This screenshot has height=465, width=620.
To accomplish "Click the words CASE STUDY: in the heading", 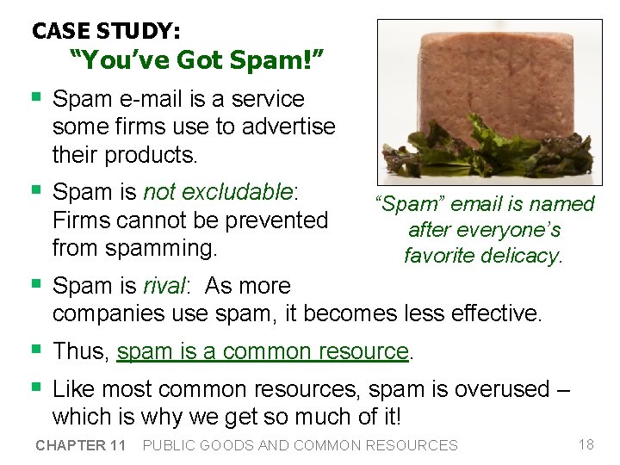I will point(106,31).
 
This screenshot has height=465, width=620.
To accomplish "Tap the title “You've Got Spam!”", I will point(196,59).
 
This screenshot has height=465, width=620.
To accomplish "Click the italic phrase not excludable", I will point(219,191).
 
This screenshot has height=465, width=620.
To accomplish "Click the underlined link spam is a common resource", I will point(262,351).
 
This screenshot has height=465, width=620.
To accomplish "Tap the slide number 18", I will point(586,444).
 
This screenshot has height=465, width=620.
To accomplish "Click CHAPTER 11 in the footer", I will point(81,445).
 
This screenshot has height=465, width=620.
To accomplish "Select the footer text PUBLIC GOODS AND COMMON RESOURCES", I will point(300,445).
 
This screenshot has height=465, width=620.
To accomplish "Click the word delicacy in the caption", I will point(523,256).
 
